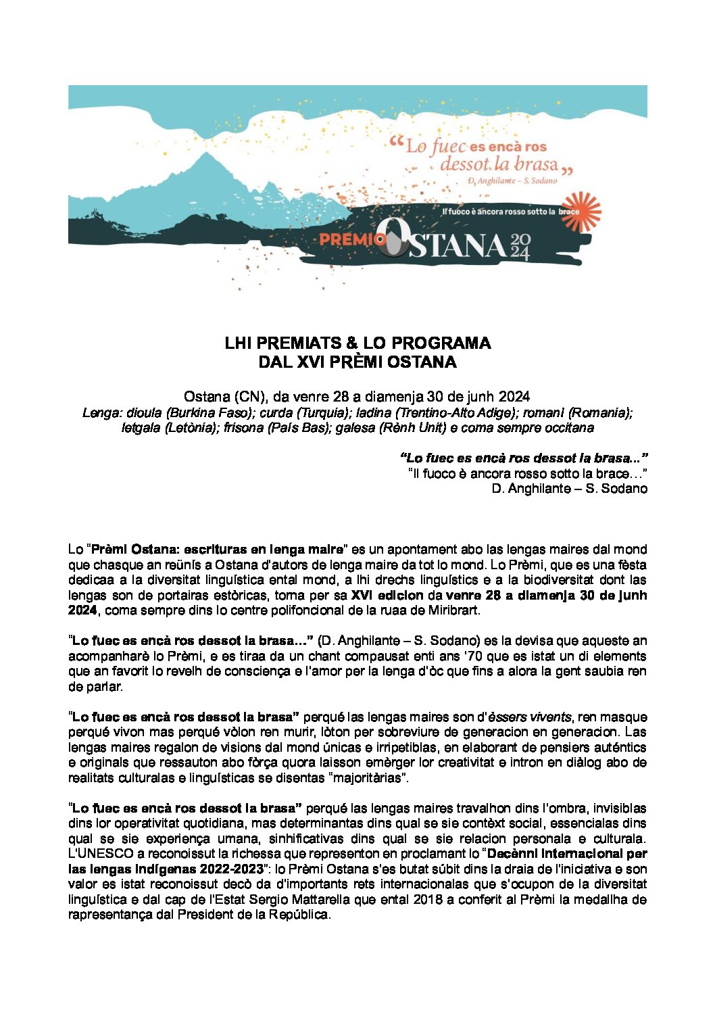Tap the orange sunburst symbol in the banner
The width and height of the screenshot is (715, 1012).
581,211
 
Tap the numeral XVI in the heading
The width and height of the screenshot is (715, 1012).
311,362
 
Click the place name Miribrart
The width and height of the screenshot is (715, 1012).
453,610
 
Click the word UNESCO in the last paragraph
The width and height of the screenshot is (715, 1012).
101,854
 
